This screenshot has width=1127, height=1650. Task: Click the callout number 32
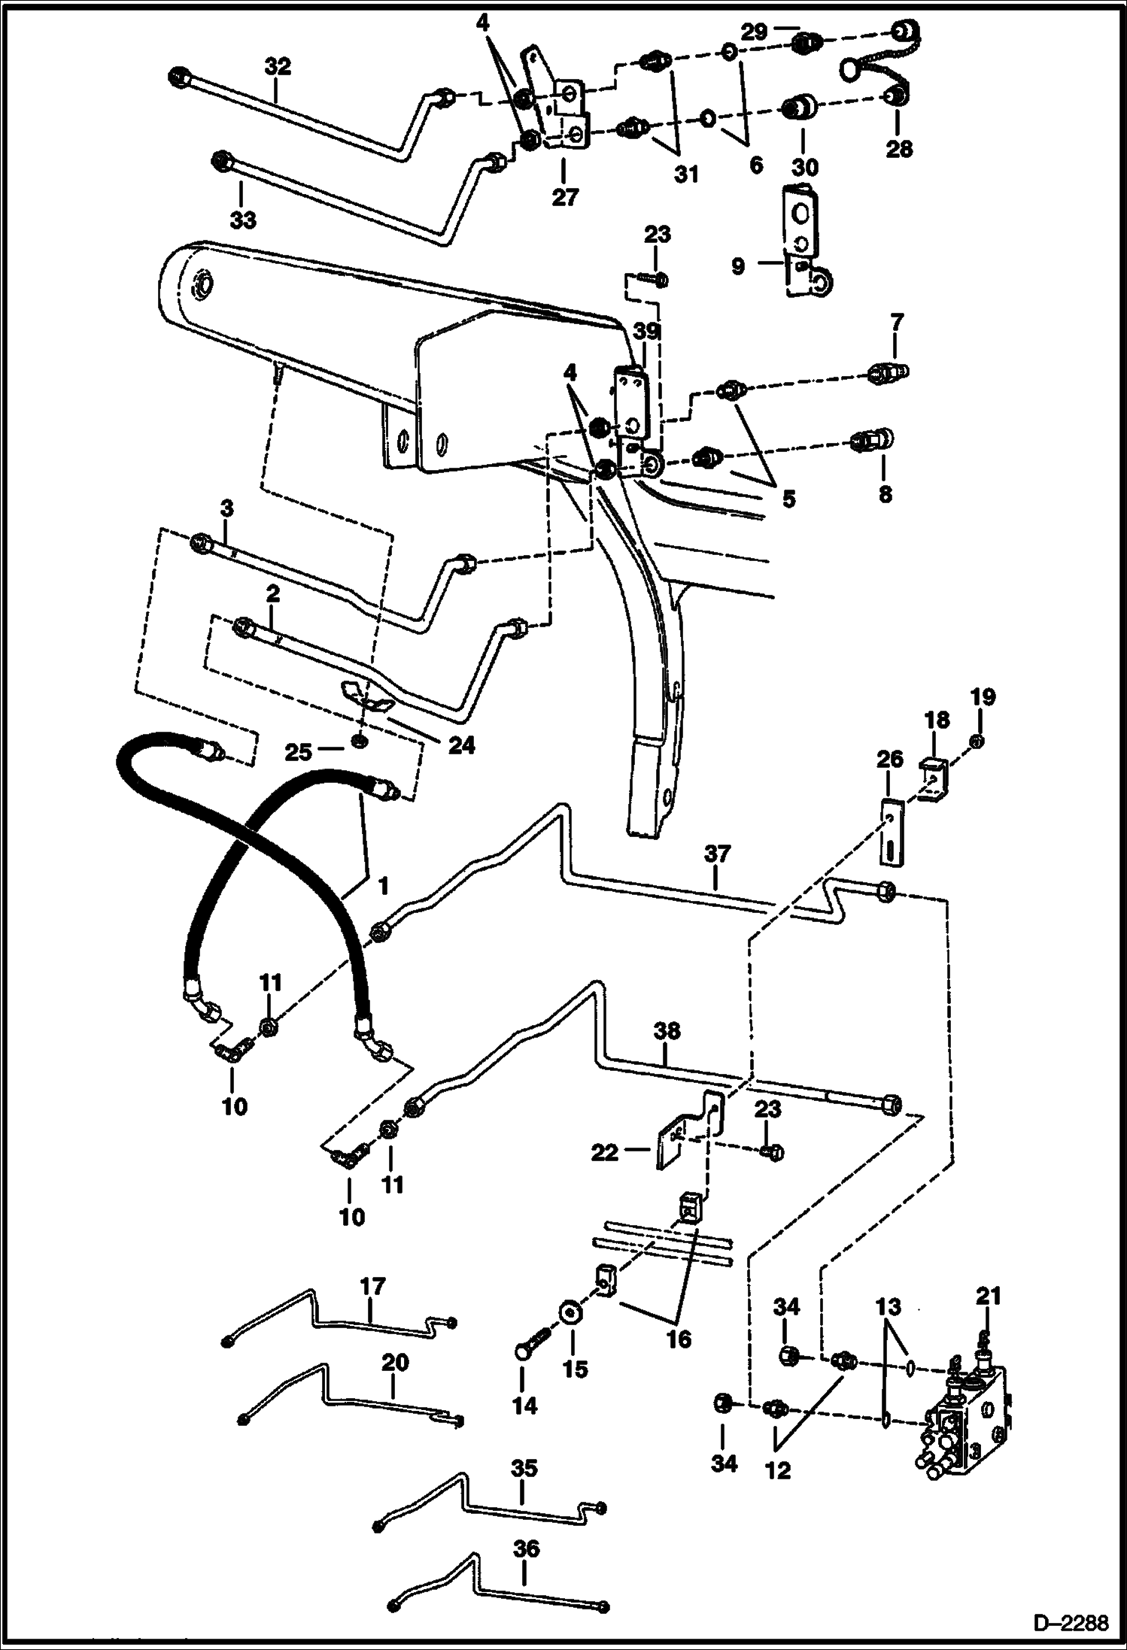click(277, 66)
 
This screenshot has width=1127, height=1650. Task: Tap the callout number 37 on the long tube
click(717, 854)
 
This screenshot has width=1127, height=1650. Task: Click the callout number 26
click(889, 760)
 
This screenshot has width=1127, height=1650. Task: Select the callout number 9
click(738, 266)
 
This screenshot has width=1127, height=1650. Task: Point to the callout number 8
click(885, 494)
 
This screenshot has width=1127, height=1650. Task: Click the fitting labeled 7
click(889, 371)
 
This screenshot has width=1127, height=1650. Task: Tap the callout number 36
click(526, 1548)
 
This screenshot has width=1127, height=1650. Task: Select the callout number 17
click(372, 1285)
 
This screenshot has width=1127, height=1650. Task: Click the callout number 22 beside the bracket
click(604, 1152)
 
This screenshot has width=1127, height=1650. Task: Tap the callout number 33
click(242, 220)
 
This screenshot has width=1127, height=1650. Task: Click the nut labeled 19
click(976, 742)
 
